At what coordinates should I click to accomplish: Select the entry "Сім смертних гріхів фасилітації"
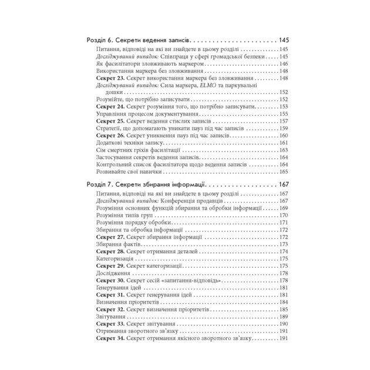tap(134, 150)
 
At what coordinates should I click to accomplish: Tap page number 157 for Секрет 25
tap(284, 121)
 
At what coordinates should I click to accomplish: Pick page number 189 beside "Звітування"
tap(284, 316)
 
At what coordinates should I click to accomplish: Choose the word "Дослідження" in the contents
tap(111, 273)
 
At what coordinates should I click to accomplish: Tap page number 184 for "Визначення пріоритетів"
tap(284, 301)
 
